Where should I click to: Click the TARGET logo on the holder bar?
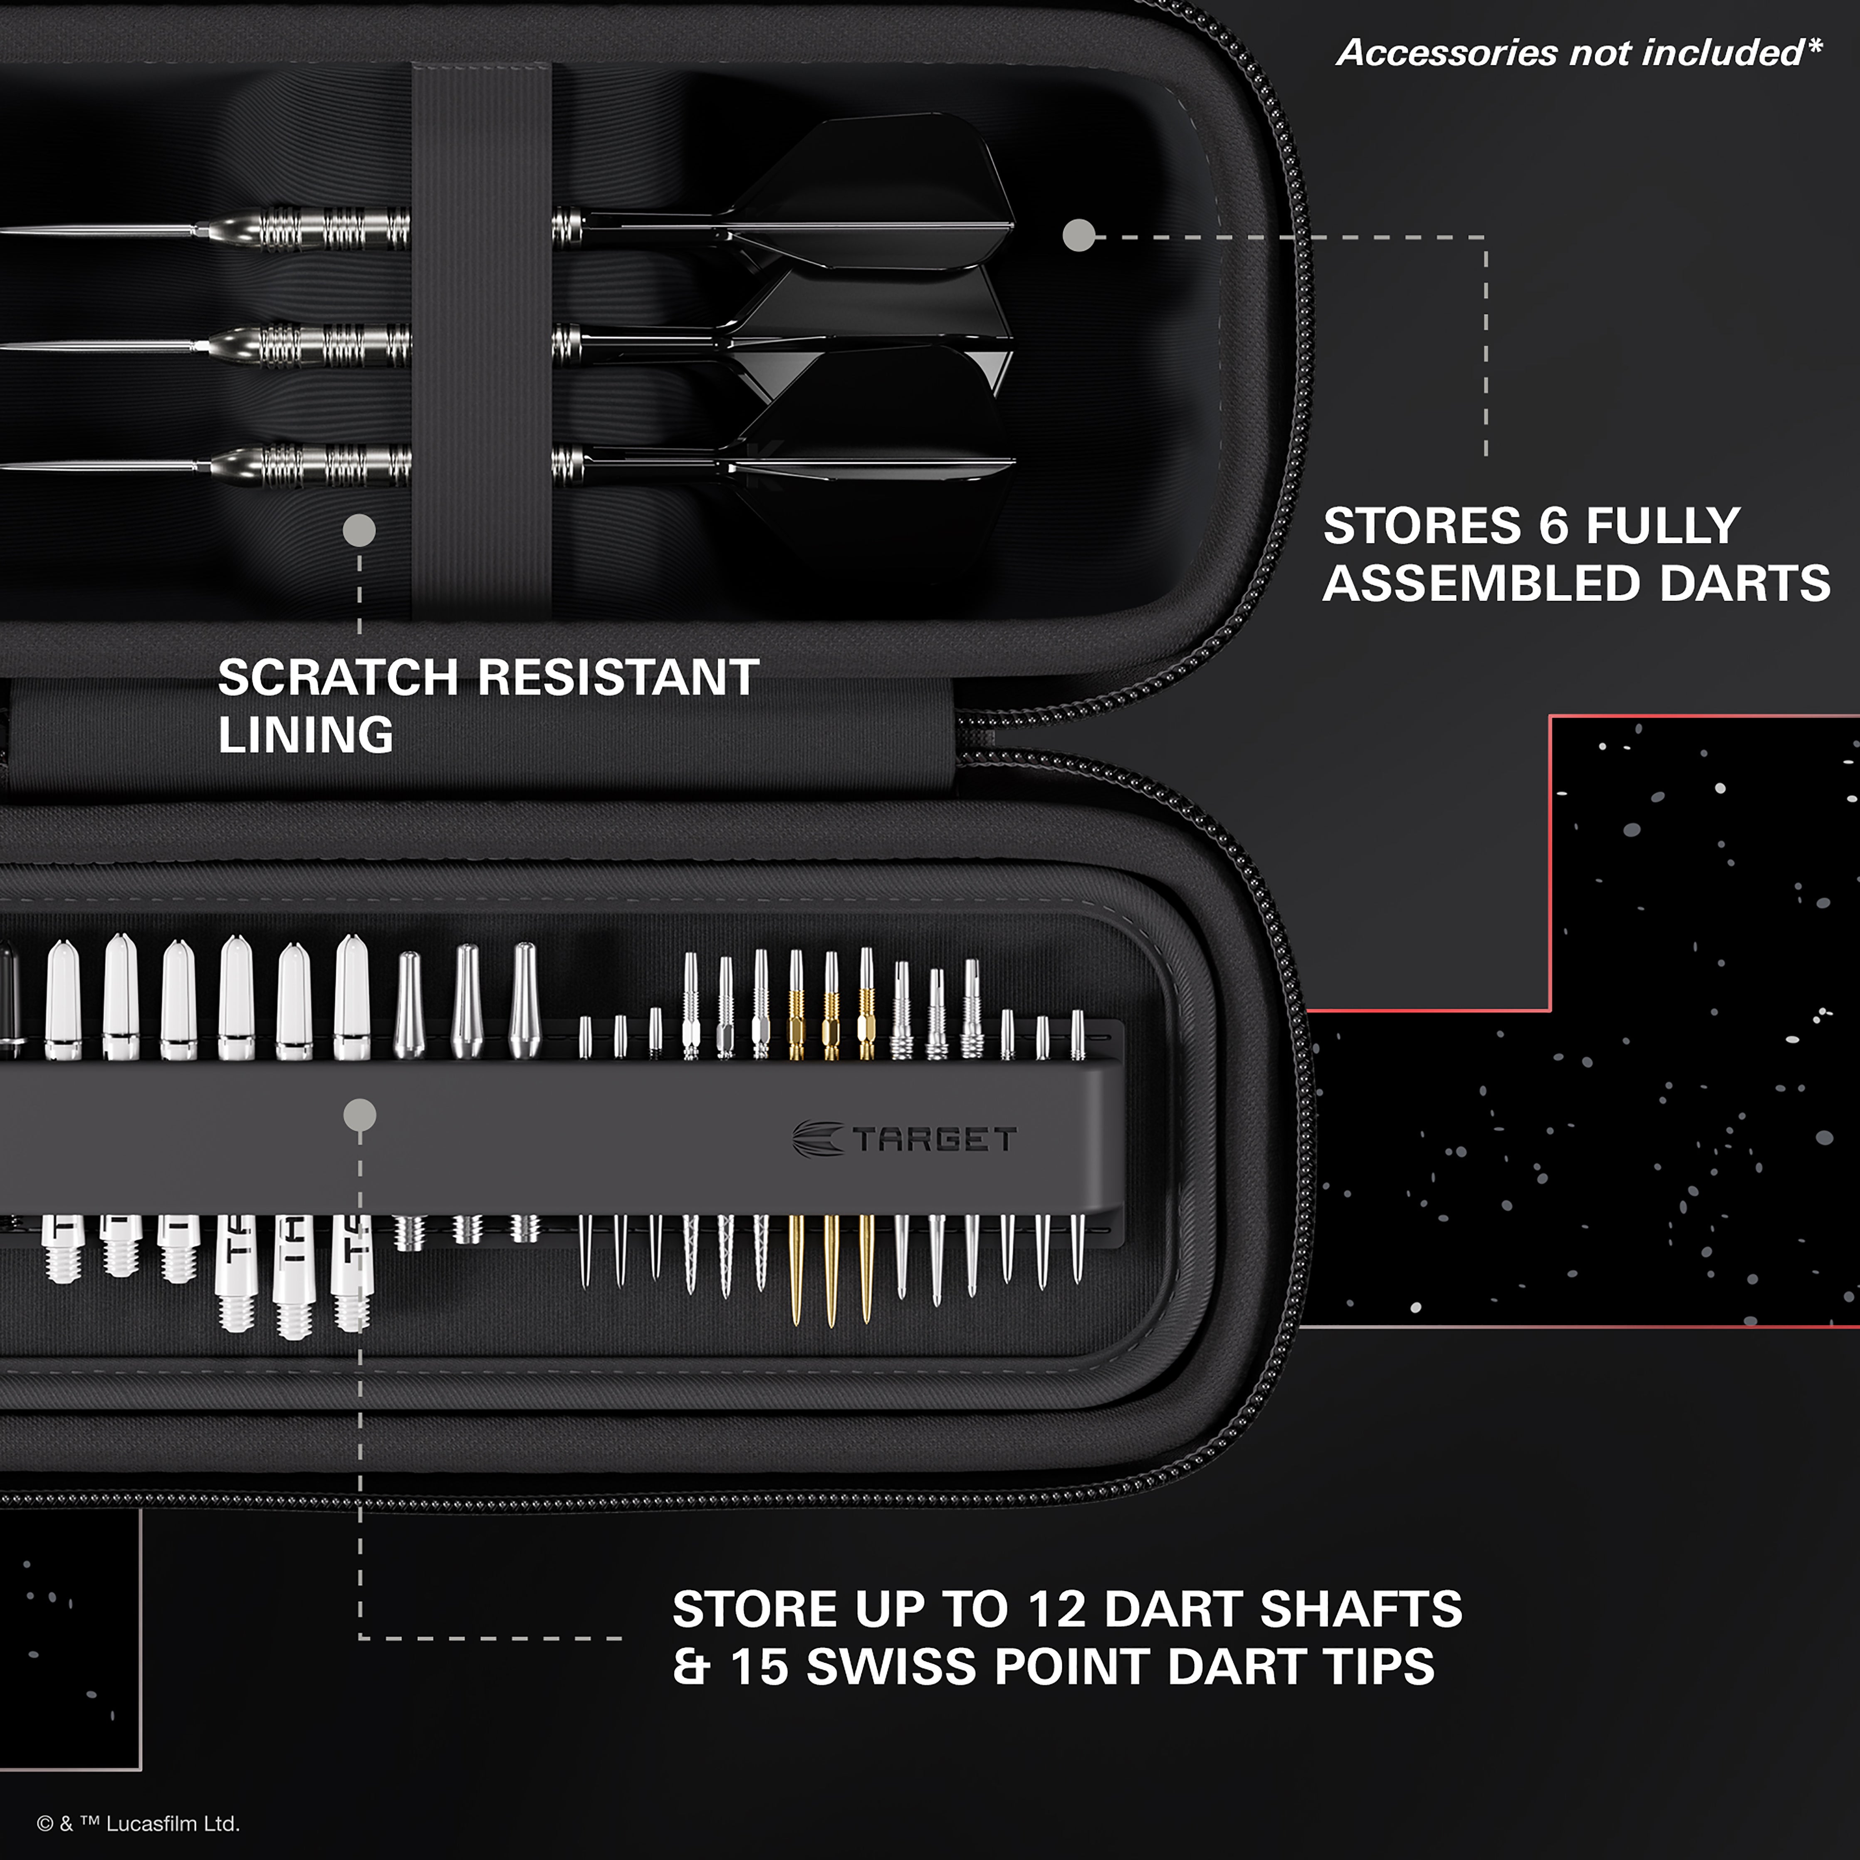[x=905, y=1139]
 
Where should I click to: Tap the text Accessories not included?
[x=1579, y=53]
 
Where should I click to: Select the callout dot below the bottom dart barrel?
[x=359, y=529]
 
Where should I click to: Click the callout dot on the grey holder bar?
[x=359, y=1115]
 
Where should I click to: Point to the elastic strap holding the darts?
[x=481, y=337]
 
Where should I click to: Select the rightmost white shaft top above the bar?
[x=352, y=997]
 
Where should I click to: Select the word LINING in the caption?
[x=306, y=735]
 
